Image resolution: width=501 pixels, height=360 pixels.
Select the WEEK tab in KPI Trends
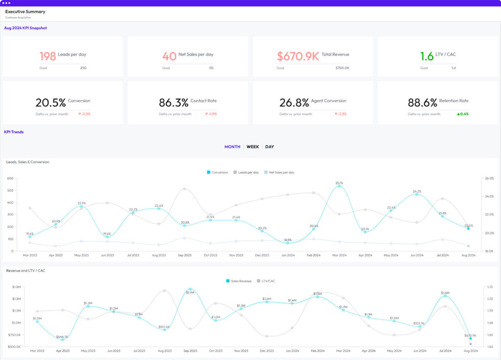pyautogui.click(x=252, y=147)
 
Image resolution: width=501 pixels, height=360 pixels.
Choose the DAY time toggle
pyautogui.click(x=270, y=147)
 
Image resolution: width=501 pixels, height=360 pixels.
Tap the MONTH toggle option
pyautogui.click(x=232, y=147)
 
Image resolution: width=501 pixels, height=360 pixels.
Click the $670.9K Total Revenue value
pyautogui.click(x=298, y=56)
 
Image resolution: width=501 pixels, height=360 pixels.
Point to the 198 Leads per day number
pyautogui.click(x=47, y=56)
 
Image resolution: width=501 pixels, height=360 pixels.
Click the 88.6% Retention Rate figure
pyautogui.click(x=422, y=103)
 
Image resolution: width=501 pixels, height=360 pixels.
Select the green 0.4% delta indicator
pyautogui.click(x=462, y=114)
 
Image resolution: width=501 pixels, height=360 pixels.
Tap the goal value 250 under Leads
pyautogui.click(x=83, y=68)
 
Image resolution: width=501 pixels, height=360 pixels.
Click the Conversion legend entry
pyautogui.click(x=217, y=172)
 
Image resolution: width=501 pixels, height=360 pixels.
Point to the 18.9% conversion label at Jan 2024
pyautogui.click(x=288, y=240)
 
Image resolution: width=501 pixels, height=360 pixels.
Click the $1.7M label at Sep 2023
pyautogui.click(x=190, y=292)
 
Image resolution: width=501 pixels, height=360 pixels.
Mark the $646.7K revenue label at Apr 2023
pyautogui.click(x=62, y=337)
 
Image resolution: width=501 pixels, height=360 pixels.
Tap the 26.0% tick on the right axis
pyautogui.click(x=488, y=179)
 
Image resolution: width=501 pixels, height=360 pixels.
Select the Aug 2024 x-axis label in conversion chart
pyautogui.click(x=468, y=255)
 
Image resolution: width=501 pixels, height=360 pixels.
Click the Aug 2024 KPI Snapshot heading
pyautogui.click(x=25, y=28)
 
